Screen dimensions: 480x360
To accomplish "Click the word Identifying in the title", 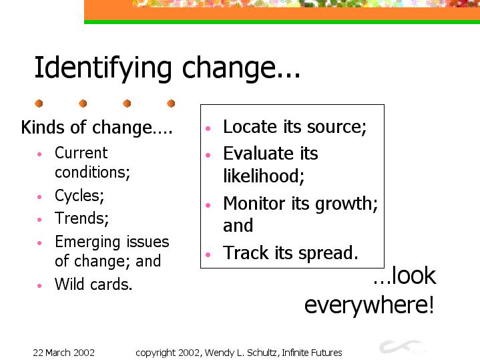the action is [103, 69].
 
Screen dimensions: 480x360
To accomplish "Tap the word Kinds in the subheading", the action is [43, 127].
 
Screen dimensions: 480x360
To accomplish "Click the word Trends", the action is [81, 218].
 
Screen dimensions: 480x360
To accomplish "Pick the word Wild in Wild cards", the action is [69, 284].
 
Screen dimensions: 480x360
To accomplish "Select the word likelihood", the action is [264, 176].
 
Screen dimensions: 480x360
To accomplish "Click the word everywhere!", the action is [369, 305].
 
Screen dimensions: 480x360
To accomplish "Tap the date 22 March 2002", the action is [63, 353].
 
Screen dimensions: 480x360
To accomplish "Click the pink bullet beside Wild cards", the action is [39, 286].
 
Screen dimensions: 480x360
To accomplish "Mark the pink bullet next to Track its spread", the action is [208, 254].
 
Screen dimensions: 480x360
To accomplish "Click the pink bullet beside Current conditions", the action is [39, 154].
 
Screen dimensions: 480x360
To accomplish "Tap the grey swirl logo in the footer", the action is [402, 347].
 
